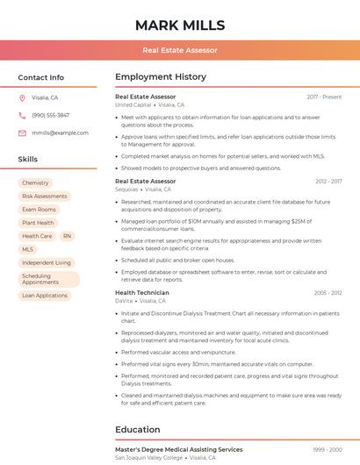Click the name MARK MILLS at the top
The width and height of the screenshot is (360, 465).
[x=180, y=25]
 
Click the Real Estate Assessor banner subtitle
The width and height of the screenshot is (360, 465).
[x=180, y=50]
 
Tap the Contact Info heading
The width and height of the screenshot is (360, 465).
[x=41, y=77]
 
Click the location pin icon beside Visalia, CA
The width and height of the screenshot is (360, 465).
[x=22, y=97]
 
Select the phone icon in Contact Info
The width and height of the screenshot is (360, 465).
[x=22, y=115]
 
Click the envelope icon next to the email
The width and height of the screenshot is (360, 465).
[x=22, y=132]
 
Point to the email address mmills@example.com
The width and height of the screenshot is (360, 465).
[x=61, y=132]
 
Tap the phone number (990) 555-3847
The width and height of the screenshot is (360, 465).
[x=51, y=115]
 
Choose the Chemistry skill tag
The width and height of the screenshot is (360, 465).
[x=35, y=182]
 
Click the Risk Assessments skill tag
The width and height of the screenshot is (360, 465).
[x=44, y=197]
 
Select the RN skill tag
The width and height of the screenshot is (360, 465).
[x=67, y=236]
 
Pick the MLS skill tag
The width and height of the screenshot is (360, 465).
[x=27, y=249]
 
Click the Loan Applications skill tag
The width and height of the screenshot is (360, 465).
[x=45, y=296]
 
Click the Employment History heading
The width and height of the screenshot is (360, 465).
[x=161, y=77]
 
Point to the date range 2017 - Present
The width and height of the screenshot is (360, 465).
[x=324, y=97]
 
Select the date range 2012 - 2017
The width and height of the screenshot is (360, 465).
[x=328, y=181]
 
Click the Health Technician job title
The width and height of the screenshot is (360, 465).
[x=142, y=292]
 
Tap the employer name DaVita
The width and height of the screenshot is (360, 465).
[x=124, y=301]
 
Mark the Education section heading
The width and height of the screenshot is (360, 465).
[x=139, y=430]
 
